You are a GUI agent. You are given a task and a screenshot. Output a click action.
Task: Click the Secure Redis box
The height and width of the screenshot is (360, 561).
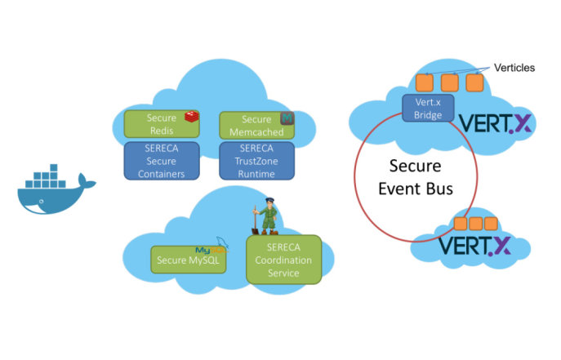tap(161, 124)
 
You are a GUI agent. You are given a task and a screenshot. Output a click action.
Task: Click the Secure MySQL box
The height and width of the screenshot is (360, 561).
tap(187, 260)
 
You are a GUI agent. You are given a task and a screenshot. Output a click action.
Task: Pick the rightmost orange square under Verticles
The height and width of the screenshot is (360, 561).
tap(474, 82)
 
